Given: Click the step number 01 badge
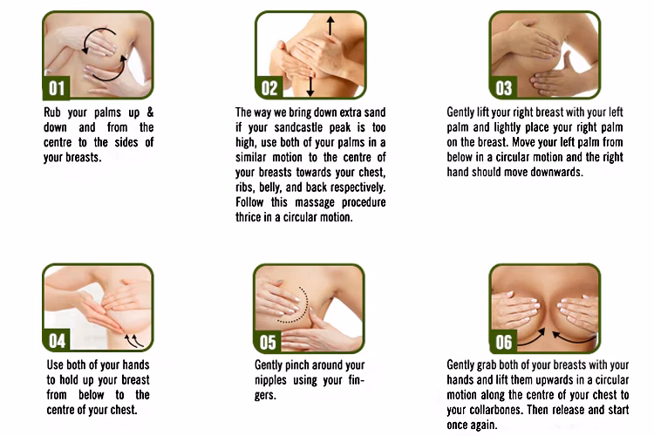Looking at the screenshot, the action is coord(57,88).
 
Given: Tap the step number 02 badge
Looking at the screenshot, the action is coord(269,88).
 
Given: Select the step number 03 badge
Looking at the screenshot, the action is coord(503,88).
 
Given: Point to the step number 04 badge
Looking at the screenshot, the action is coord(57,340).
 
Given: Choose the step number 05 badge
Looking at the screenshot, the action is coord(268,342).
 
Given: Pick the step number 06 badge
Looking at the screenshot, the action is coord(503,342).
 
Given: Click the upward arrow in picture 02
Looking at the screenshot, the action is coord(330,26).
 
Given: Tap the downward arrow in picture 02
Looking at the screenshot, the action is coord(310,86).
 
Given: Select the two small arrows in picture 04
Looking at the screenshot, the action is coord(134,340).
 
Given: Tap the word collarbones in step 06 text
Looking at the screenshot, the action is coord(496,410).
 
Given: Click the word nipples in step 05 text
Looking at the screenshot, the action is coord(270,380).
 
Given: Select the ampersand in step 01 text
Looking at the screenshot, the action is coord(150,112).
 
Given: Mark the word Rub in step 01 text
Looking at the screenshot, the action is coord(52,112).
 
